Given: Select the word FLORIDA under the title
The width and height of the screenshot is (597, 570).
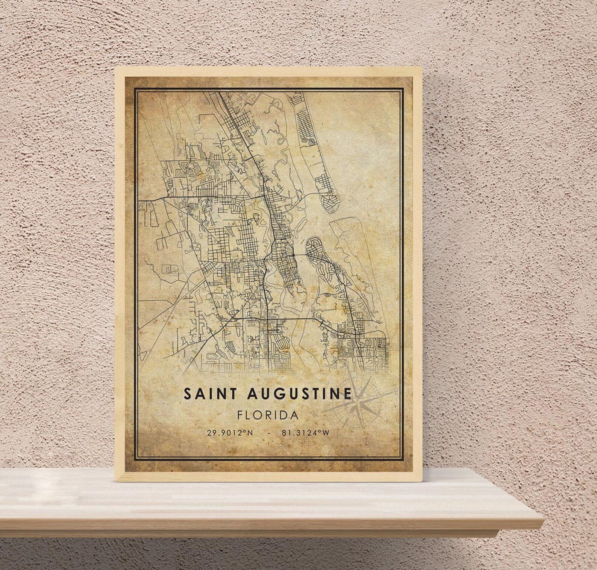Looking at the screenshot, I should (x=268, y=415).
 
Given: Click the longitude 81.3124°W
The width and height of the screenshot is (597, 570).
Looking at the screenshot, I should (x=305, y=433).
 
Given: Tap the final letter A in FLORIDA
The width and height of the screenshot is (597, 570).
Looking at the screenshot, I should (x=295, y=415).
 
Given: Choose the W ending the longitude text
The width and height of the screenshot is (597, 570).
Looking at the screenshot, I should (x=326, y=433).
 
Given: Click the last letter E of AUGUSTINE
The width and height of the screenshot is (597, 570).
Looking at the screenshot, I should (x=347, y=394).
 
